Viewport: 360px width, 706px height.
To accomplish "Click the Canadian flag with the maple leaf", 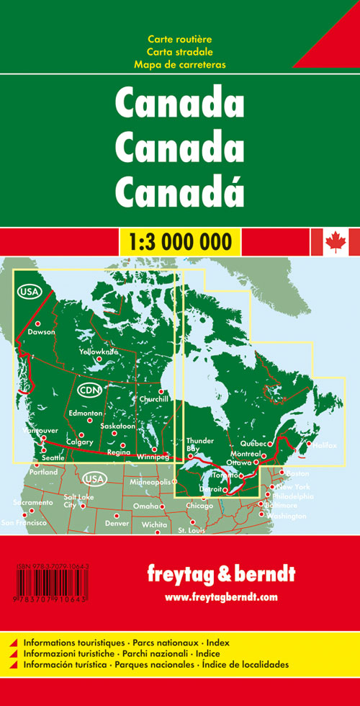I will (334, 242).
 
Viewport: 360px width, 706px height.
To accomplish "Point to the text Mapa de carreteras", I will (179, 64).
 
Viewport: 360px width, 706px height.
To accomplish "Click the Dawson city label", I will (41, 333).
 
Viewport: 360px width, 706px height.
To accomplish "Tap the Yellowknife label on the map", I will (99, 351).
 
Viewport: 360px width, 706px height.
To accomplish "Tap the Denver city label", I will (117, 522).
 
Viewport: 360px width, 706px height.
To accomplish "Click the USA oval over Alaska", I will (27, 292).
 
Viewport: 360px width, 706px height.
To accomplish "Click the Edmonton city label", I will (85, 414).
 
